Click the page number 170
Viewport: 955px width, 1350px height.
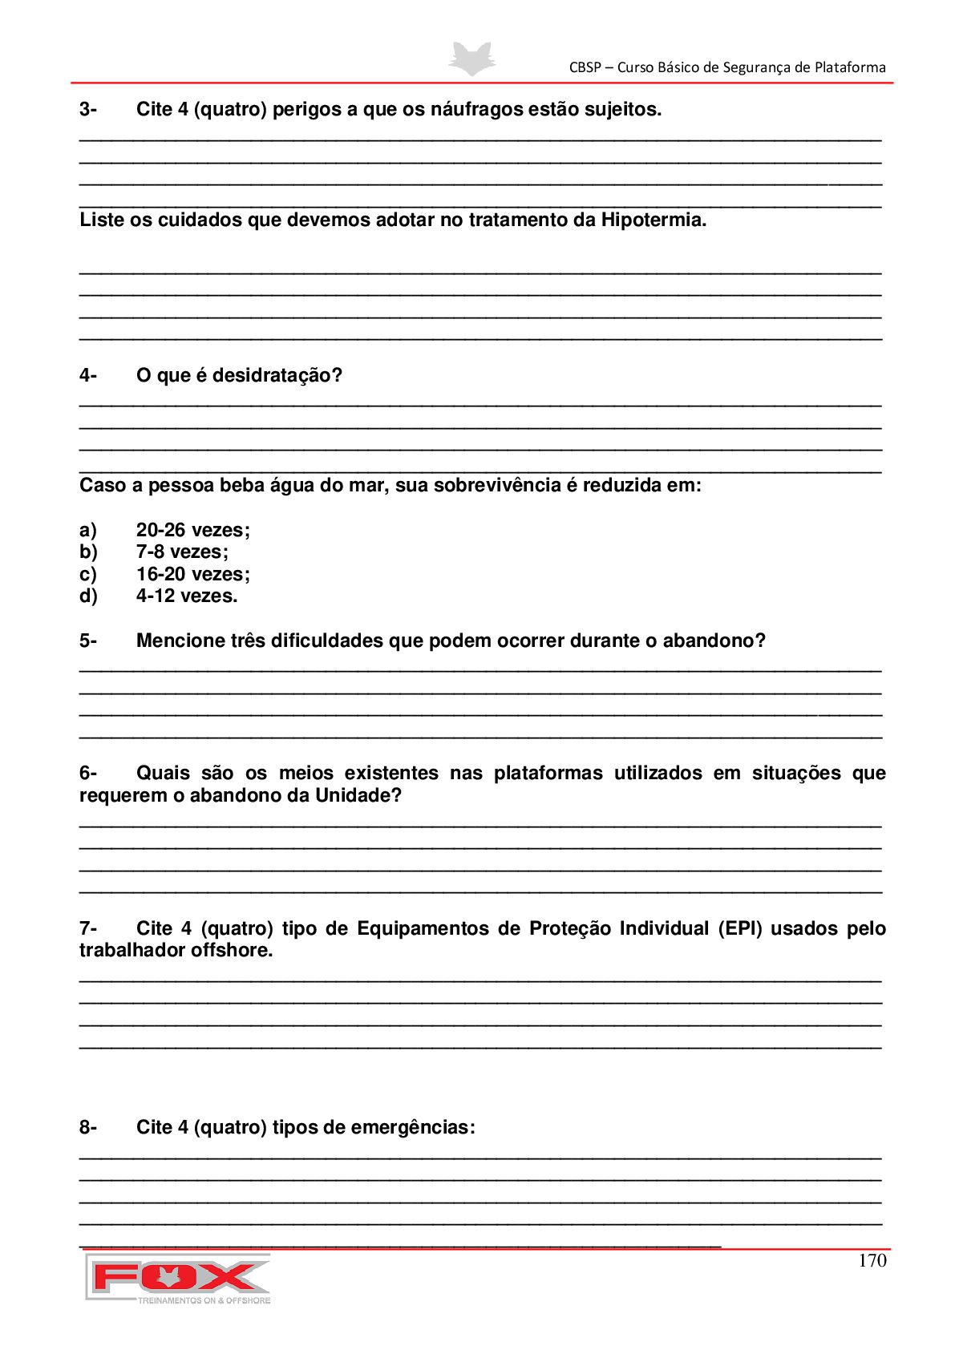(872, 1260)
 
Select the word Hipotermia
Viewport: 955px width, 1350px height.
(653, 220)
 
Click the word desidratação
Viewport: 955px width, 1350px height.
(277, 375)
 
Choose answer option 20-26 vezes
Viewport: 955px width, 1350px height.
(192, 530)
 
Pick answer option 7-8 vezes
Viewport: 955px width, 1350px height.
(182, 552)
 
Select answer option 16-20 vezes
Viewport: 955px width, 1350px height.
(192, 574)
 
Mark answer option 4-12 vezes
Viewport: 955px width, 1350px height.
(186, 596)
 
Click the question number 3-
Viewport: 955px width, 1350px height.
(87, 109)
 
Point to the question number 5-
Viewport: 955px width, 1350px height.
(87, 641)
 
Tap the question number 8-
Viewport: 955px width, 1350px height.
(87, 1127)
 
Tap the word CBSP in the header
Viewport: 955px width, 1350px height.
(585, 67)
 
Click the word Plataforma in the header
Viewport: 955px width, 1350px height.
(850, 67)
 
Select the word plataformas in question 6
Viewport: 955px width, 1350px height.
(548, 773)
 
